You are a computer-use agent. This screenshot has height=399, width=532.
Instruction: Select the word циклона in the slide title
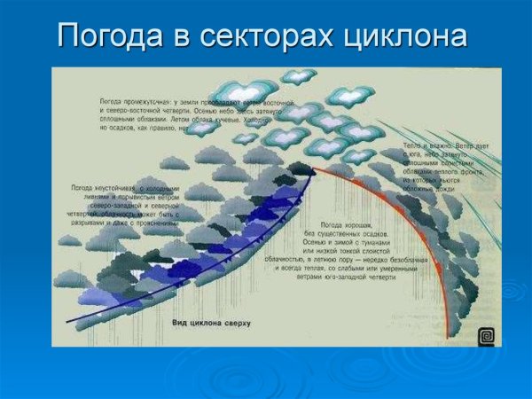click(409, 36)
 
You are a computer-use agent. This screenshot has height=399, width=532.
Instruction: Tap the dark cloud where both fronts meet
click(301, 168)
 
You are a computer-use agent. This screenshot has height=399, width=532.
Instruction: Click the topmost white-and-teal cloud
click(298, 76)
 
